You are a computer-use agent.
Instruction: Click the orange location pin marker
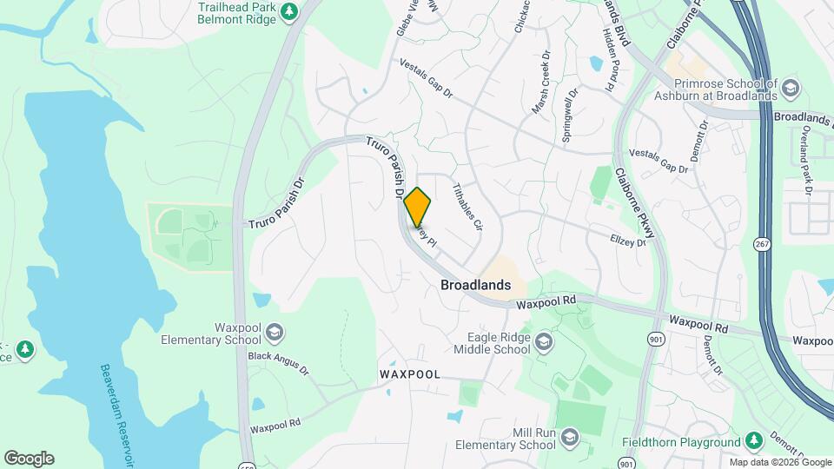(417, 207)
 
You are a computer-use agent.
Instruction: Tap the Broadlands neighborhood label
(475, 284)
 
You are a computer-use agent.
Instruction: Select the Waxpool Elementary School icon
(275, 331)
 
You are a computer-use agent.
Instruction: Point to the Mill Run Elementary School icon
(570, 436)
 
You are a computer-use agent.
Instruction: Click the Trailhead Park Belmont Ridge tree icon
(292, 11)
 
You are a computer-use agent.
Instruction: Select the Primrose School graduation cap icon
(791, 87)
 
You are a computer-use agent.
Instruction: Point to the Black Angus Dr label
(278, 363)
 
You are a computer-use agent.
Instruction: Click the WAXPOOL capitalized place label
(410, 374)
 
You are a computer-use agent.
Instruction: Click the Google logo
(29, 458)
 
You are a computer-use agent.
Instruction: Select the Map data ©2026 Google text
(778, 462)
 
